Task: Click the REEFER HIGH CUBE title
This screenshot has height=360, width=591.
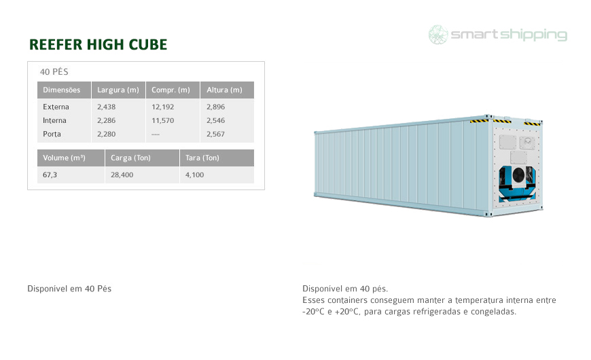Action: coord(98,44)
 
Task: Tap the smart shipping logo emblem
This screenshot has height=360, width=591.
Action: coord(438,35)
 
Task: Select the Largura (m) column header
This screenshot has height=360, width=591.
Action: coord(118,90)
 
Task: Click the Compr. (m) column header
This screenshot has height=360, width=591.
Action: coord(171,90)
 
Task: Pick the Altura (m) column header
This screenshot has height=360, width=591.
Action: coord(224,90)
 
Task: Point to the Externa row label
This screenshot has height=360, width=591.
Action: coord(56,107)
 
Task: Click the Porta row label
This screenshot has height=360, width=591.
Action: coord(52,134)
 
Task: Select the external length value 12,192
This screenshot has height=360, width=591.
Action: coord(163,107)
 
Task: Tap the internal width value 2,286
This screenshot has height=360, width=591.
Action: coord(106,121)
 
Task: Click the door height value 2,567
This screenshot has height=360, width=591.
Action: coord(215,134)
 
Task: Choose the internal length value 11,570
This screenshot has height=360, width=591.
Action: coord(163,121)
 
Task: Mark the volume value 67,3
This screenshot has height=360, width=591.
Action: coord(50,175)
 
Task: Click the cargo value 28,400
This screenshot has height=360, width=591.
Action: coord(122,175)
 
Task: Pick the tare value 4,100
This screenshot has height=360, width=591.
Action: coord(194,175)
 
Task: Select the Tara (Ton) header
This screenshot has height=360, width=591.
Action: coord(202,158)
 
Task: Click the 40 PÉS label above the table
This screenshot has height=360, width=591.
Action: coord(54,71)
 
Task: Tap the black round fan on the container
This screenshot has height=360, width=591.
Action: coord(518,175)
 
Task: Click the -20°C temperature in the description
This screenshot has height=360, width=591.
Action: coord(313,312)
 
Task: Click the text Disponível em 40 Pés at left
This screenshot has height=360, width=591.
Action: coord(69,289)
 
